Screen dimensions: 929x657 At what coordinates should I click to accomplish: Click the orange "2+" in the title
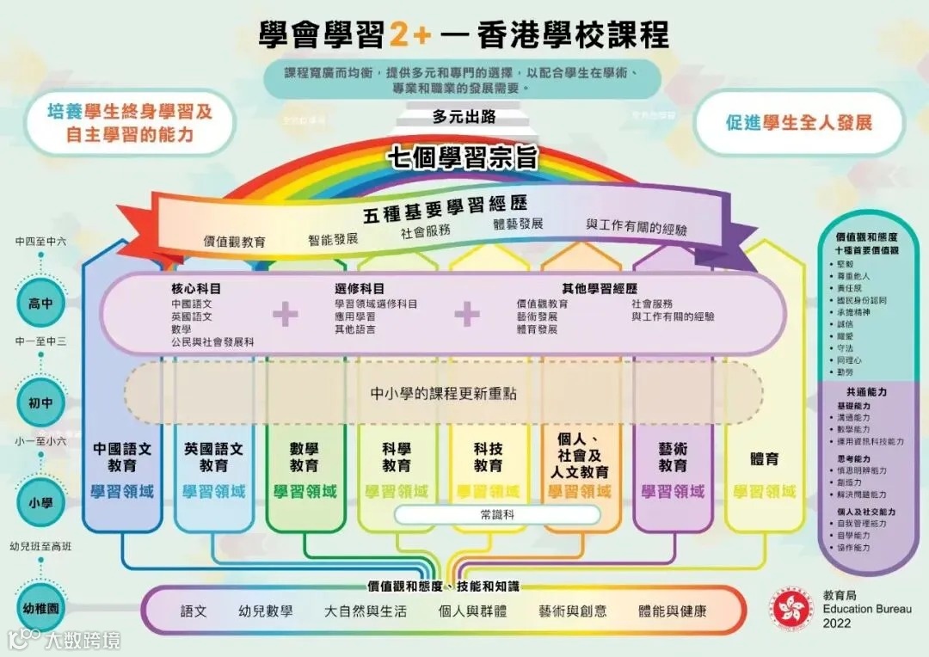point(410,35)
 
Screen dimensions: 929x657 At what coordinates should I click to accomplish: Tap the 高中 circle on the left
point(41,304)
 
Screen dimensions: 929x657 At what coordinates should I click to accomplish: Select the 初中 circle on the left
point(41,402)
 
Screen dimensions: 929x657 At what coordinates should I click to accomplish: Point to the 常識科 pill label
point(497,514)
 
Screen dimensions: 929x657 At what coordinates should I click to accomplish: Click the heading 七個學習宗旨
point(463,158)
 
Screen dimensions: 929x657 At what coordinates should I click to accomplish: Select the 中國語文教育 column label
point(122,457)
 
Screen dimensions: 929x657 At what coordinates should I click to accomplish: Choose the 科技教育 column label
point(488,457)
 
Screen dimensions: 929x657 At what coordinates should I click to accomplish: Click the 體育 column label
point(764,458)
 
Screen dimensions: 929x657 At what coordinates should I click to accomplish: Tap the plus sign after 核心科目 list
point(285,315)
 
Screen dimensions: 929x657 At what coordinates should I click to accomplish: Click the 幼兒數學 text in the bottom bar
point(265,611)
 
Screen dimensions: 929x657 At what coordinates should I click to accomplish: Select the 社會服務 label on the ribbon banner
point(426,230)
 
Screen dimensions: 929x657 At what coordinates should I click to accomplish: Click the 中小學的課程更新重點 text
point(444,393)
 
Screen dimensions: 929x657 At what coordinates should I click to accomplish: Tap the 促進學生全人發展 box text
point(798,122)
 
